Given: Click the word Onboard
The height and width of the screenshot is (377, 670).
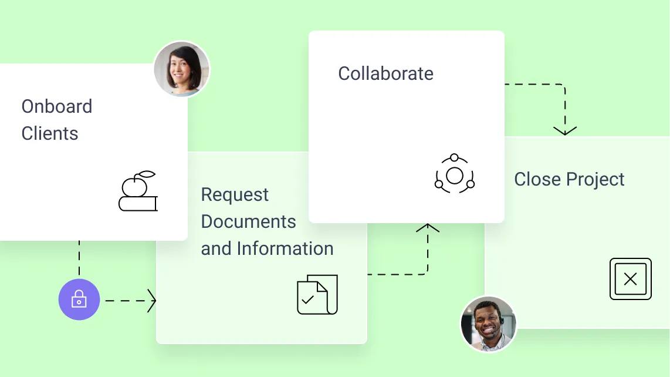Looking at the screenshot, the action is coord(57,106).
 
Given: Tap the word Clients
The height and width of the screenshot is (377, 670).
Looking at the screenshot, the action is coord(50,133).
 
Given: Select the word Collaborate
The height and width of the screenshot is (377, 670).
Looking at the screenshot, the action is coord(386,73).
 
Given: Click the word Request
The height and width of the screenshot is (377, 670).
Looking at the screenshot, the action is coord(235,196).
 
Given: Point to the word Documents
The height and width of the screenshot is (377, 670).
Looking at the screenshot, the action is coord(248,221).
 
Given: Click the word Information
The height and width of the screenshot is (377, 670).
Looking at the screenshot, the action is coord(285,248).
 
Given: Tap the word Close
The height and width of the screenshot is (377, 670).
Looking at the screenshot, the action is coord(537,179).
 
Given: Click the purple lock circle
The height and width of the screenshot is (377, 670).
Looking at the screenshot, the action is coord(79,299).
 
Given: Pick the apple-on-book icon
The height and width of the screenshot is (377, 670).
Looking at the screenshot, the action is coord(138,191).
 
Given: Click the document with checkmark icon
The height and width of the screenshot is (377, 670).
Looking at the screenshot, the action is coord(317,295).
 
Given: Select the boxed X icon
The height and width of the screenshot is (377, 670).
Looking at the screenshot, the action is coord(631,279).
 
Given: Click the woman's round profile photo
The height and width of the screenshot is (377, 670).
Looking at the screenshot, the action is coord(182,69).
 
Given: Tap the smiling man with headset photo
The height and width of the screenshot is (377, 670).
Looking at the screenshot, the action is coord(488,324).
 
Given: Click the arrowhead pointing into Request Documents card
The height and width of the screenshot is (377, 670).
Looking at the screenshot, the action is coord(152,301).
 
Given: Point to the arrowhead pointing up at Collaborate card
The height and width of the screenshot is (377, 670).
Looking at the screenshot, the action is coord(428,228).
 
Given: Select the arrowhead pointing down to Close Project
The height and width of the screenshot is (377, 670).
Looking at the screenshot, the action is coord(565,131).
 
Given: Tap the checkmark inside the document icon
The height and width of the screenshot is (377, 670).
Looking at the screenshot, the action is coord(307,299).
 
